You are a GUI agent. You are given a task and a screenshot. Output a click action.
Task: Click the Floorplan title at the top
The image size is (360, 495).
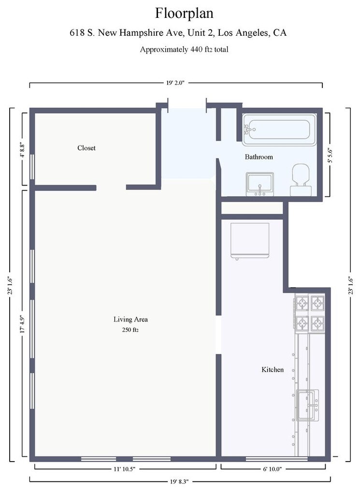pyautogui.click(x=184, y=14)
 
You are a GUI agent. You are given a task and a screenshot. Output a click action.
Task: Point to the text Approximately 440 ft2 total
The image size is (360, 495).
pyautogui.click(x=184, y=50)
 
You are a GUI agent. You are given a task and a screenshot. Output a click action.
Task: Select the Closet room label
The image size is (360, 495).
pyautogui.click(x=86, y=148)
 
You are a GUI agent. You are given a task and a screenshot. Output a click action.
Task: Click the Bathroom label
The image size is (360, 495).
pyautogui.click(x=259, y=157)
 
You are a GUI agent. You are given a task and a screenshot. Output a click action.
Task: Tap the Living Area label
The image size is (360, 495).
pyautogui.click(x=130, y=320)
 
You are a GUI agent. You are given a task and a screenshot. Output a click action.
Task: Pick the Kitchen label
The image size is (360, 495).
pyautogui.click(x=273, y=370)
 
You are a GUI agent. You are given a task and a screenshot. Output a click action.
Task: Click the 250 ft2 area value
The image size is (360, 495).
pyautogui.click(x=130, y=330)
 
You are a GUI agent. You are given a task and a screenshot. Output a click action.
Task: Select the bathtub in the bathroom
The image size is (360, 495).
pyautogui.click(x=280, y=130)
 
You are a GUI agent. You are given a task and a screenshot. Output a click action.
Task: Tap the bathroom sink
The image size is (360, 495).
pyautogui.click(x=260, y=184)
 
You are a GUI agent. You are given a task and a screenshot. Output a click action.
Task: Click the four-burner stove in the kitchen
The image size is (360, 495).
pyautogui.click(x=310, y=313)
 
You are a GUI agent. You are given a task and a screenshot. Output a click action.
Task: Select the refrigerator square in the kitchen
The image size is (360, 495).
pyautogui.click(x=250, y=241)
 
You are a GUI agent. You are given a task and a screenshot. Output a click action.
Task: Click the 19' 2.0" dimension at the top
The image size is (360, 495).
pyautogui.click(x=175, y=83)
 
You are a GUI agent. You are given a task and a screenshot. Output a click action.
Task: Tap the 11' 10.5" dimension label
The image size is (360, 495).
pyautogui.click(x=124, y=469)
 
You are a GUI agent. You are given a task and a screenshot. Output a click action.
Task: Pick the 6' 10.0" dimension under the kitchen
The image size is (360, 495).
pyautogui.click(x=272, y=469)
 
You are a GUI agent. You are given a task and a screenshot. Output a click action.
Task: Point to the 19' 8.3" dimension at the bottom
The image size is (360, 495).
pyautogui.click(x=179, y=482)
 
